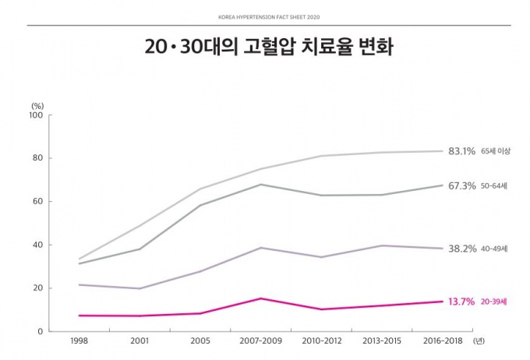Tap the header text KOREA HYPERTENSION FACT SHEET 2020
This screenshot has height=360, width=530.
(265, 16)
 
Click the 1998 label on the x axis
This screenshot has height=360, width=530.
(79, 341)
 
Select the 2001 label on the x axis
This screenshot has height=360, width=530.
(140, 341)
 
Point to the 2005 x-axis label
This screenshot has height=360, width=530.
(200, 341)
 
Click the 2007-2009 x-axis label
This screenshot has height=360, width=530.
(260, 341)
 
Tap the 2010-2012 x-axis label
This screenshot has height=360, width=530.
(321, 341)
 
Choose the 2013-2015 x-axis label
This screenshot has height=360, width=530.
(382, 341)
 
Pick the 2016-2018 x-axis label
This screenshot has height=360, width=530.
(443, 341)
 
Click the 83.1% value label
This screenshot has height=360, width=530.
(462, 151)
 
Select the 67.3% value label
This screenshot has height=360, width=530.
(462, 186)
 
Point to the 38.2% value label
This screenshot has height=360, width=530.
(462, 249)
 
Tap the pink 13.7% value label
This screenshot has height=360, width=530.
(461, 302)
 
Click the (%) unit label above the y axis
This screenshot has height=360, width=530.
(37, 104)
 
